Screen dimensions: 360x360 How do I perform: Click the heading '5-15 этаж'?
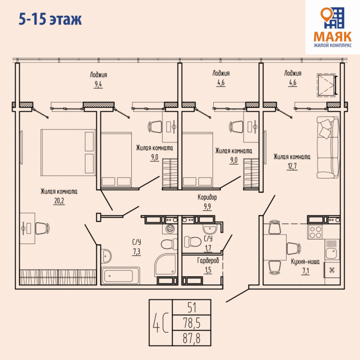pyautogui.click(x=50, y=19)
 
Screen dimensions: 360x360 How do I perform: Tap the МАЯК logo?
pyautogui.click(x=333, y=27)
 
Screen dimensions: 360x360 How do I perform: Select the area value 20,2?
pyautogui.click(x=59, y=201)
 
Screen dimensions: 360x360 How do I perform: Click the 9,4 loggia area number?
pyautogui.click(x=98, y=84)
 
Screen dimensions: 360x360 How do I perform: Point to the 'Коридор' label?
pyautogui.click(x=207, y=197)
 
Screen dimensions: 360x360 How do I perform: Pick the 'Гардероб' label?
pyautogui.click(x=208, y=261)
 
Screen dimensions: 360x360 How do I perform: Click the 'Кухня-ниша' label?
pyautogui.click(x=305, y=262)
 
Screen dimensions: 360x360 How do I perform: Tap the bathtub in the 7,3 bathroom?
pyautogui.click(x=120, y=275)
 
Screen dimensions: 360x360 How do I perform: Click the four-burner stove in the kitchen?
pyautogui.click(x=315, y=232)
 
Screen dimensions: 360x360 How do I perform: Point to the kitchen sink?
pyautogui.click(x=332, y=253)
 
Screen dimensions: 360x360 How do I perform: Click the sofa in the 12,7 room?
pyautogui.click(x=328, y=147)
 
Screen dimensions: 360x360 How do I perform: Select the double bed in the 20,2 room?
pyautogui.click(x=68, y=153)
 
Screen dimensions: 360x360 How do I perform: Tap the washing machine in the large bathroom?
pyautogui.click(x=170, y=229)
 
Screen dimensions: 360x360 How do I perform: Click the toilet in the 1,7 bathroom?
pyautogui.click(x=193, y=241)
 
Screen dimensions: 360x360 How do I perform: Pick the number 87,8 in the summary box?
pyautogui.click(x=192, y=338)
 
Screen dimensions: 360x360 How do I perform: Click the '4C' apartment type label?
pyautogui.click(x=161, y=322)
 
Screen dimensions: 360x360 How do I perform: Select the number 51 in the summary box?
pyautogui.click(x=192, y=308)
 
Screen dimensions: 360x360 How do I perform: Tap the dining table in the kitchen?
pyautogui.click(x=275, y=247)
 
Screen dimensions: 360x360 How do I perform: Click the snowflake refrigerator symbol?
pyautogui.click(x=332, y=270)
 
